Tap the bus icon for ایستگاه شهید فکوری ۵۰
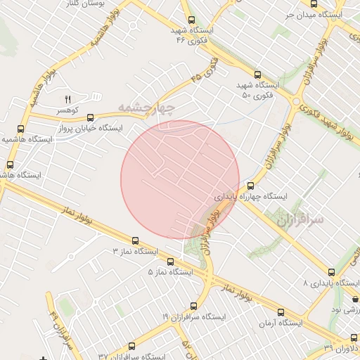(257, 74)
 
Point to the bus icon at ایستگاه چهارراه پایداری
(251, 186)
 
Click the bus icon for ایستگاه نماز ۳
(135, 240)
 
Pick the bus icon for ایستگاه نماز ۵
(170, 262)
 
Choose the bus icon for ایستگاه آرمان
(281, 313)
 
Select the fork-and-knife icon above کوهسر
(69, 99)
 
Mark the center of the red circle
(180, 179)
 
